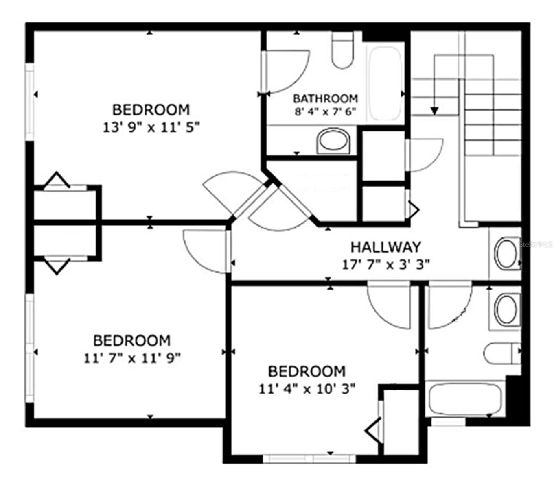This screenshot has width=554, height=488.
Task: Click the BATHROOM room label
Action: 325,98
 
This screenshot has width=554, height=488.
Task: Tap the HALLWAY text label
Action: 385,247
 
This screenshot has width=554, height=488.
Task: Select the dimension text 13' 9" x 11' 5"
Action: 151,128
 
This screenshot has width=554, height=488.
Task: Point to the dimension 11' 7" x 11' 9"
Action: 132,358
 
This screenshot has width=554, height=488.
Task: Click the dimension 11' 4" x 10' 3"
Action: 307,389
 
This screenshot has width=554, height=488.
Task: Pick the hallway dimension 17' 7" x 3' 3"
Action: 385,265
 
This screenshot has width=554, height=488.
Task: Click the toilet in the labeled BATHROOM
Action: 342,50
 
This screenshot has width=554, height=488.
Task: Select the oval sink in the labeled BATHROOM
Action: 333,141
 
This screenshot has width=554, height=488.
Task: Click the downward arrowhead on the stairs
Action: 434,110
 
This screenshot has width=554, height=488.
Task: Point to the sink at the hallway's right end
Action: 506,253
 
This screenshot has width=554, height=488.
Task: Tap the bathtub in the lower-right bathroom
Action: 465,399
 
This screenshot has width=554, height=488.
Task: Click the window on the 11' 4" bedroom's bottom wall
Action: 309,459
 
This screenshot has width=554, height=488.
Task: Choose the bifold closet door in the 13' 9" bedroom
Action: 57,181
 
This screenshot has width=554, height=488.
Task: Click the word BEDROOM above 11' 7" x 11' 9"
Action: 132,340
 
